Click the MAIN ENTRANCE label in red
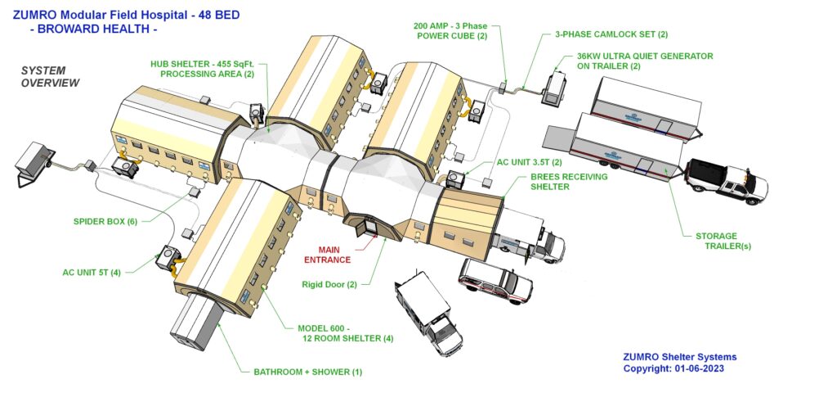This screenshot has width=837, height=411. tap(327, 255)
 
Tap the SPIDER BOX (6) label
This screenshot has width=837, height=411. tap(105, 221)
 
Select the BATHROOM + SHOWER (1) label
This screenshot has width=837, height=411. tap(308, 372)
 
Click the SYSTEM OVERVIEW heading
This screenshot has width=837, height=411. tap(50, 76)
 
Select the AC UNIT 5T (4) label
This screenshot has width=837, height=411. tap(92, 272)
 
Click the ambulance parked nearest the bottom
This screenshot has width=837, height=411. tap(428, 314)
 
